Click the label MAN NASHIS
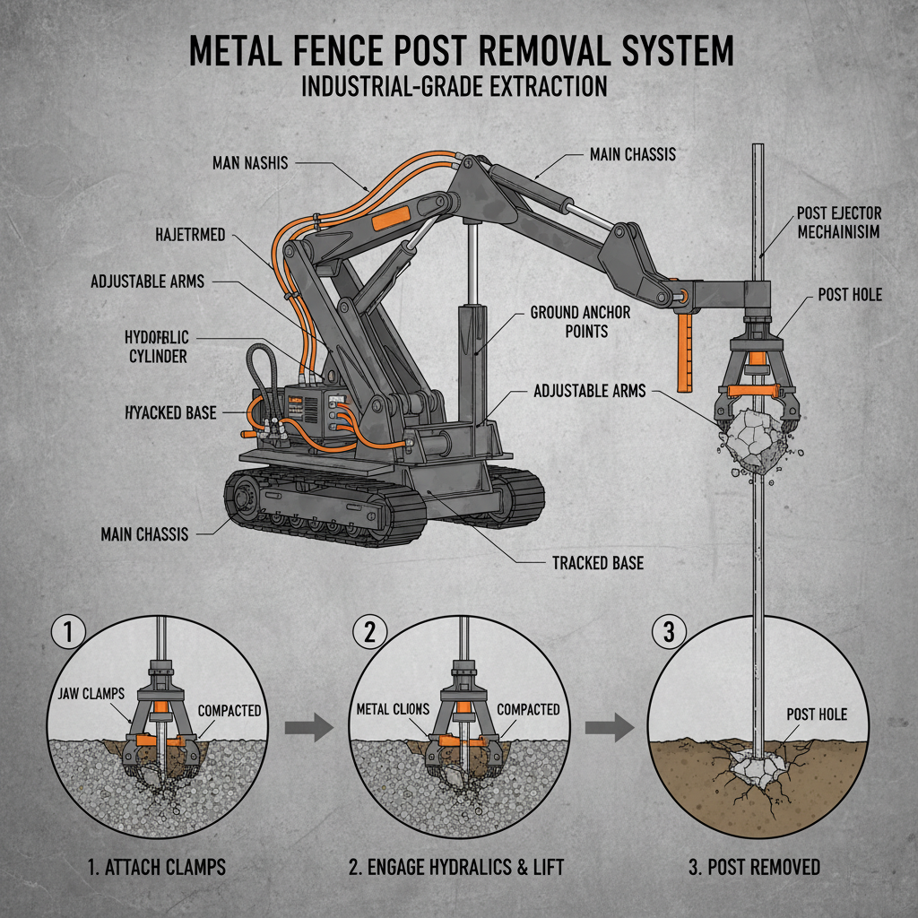[x=252, y=163]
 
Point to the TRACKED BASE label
[x=597, y=564]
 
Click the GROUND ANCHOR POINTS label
[x=580, y=322]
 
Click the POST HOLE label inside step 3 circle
[x=816, y=714]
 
